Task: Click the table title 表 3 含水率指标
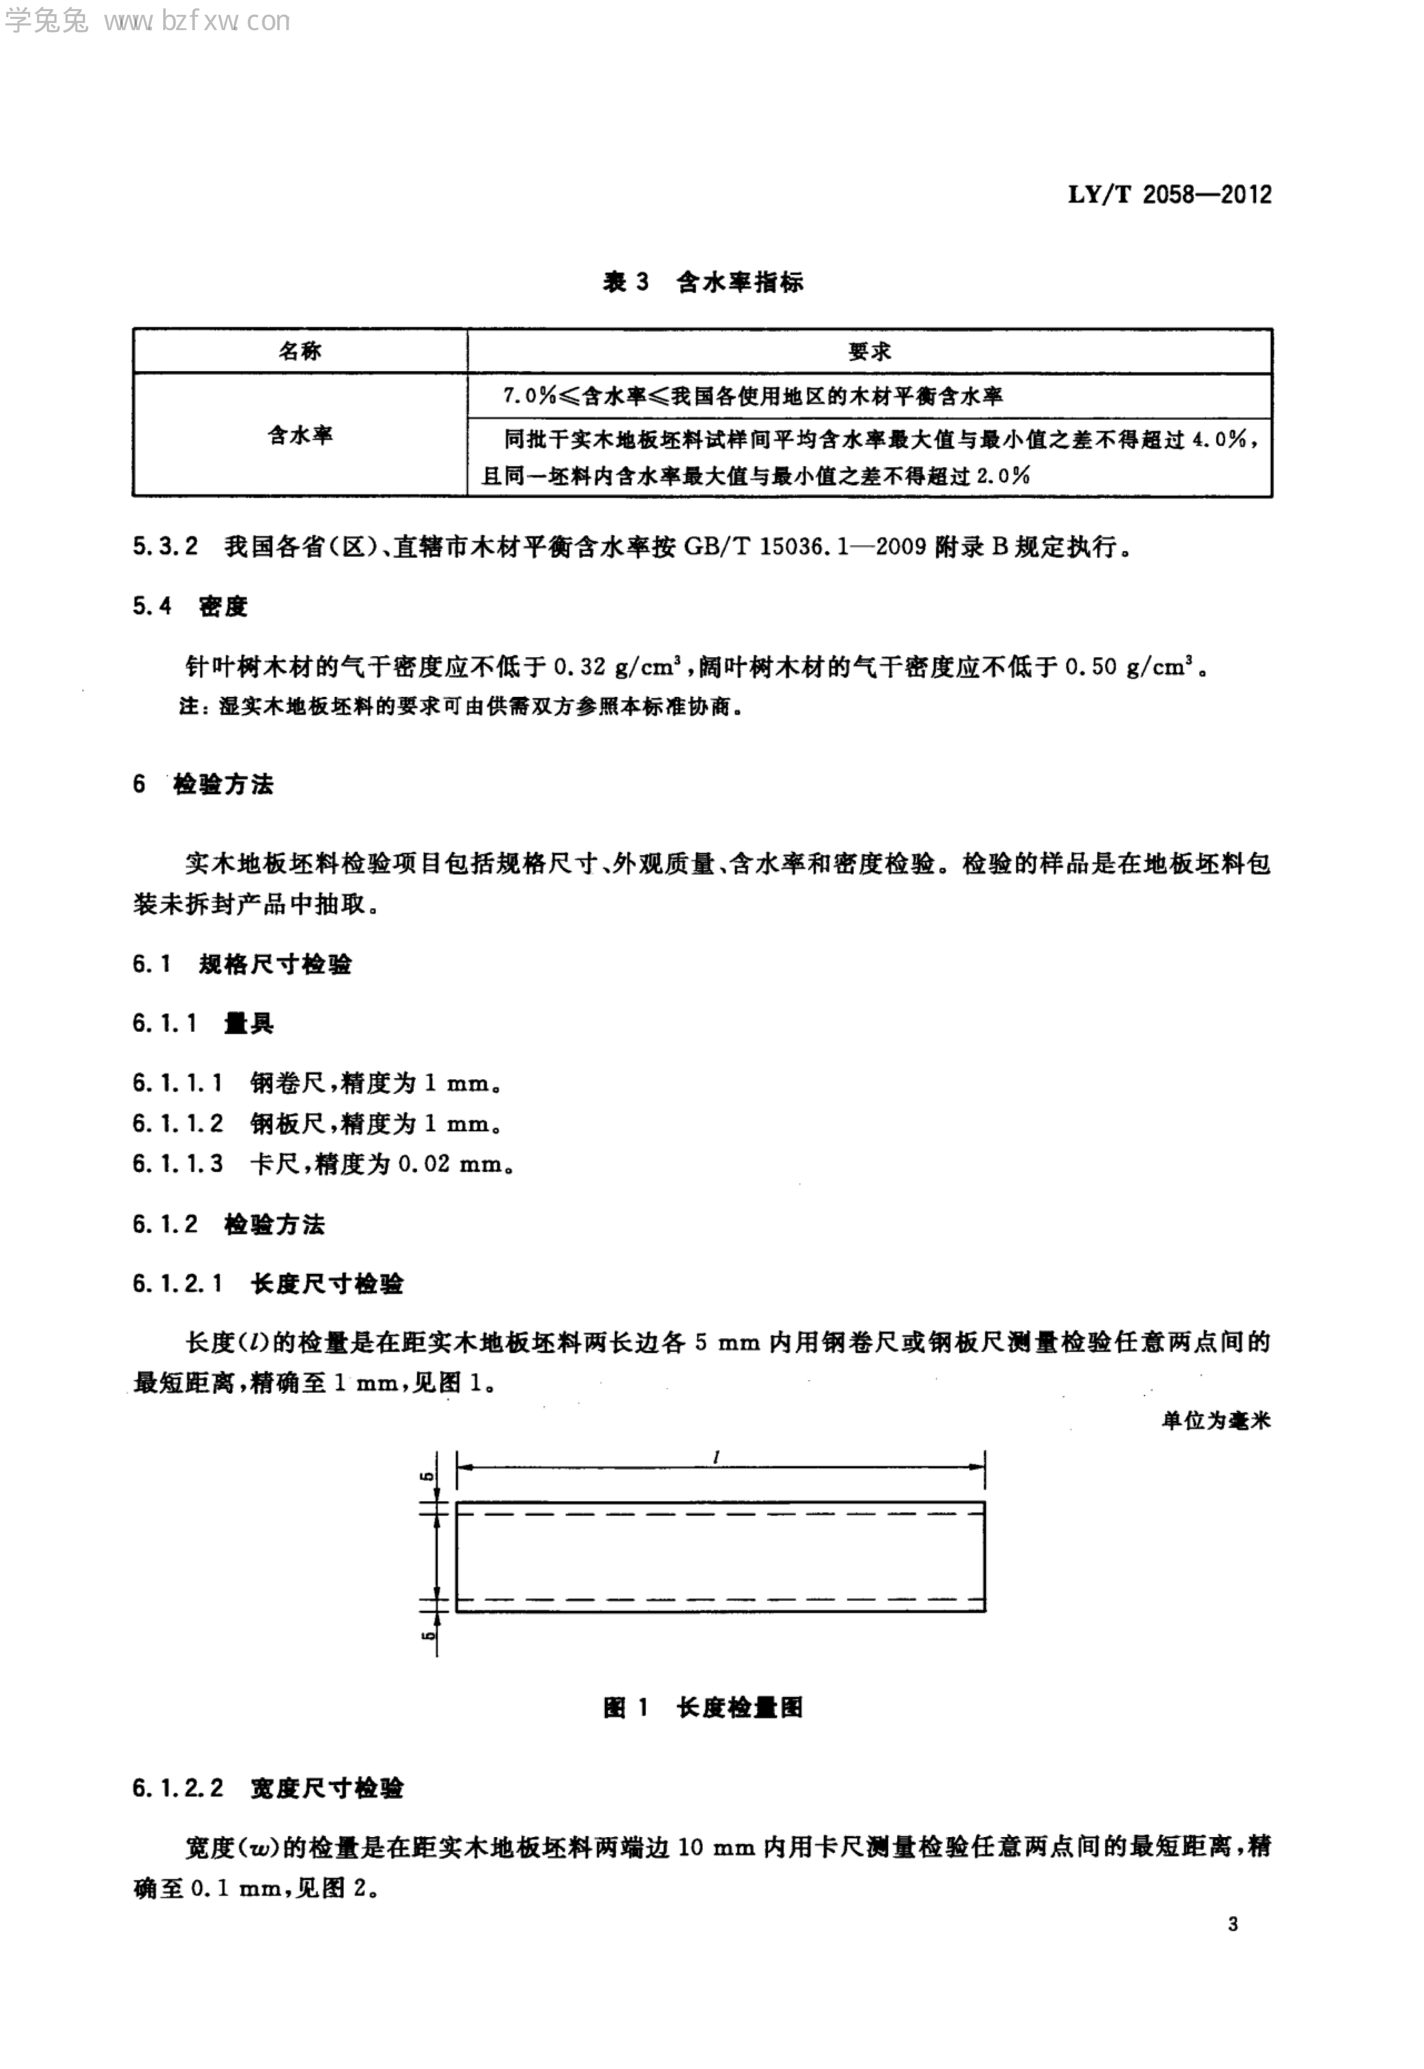[703, 283]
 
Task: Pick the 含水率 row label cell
[300, 436]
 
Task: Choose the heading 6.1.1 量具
[203, 1024]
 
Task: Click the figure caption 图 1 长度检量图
[703, 1708]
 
